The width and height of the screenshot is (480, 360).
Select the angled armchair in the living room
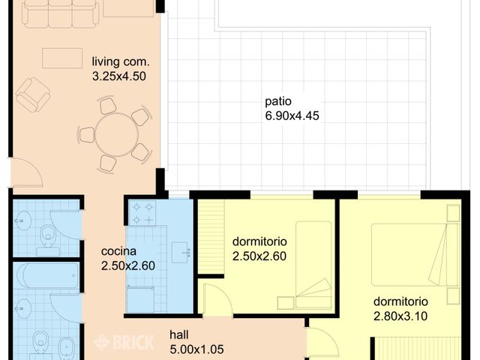tap(33, 95)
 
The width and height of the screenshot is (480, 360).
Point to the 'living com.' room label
tap(121, 61)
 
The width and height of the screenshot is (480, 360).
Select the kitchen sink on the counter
tap(180, 253)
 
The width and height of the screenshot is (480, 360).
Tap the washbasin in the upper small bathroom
tap(23, 220)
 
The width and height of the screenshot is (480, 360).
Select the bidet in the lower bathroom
tap(66, 346)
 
